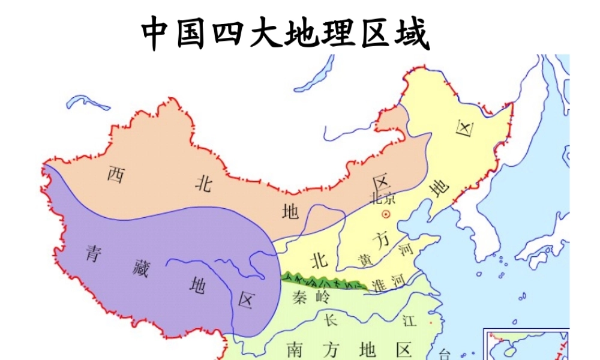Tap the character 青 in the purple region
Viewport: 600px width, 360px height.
tap(93, 253)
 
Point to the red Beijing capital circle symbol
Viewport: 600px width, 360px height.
tap(386, 214)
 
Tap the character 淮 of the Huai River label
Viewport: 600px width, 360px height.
tap(379, 284)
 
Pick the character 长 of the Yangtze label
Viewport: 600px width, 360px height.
tap(331, 319)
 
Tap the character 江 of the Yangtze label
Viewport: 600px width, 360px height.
tap(409, 320)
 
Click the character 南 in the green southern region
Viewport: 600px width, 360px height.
tap(294, 349)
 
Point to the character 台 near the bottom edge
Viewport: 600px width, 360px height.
tap(445, 354)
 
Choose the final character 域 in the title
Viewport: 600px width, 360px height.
tap(410, 34)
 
